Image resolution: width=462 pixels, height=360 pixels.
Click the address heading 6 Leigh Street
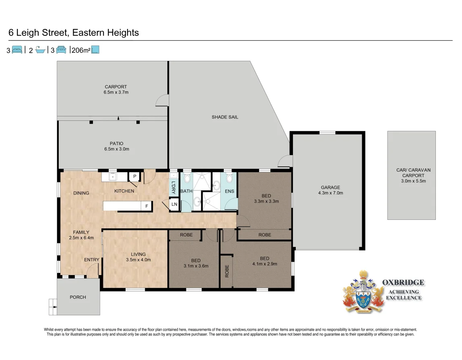(74, 33)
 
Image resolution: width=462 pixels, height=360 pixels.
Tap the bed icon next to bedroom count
(17, 50)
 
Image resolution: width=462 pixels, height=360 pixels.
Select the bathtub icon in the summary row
(40, 50)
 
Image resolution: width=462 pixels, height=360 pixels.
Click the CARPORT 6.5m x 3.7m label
(116, 89)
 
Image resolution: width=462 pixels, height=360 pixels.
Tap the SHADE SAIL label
(225, 117)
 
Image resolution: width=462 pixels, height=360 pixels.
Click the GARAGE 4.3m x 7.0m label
(330, 190)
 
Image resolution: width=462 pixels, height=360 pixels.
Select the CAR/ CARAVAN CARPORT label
(411, 176)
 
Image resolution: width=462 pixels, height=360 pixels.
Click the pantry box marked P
(134, 177)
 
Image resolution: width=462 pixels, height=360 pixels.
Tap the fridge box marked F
(146, 206)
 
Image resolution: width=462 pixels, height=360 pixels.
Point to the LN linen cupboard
(174, 205)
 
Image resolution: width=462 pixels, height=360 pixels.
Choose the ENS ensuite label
(229, 191)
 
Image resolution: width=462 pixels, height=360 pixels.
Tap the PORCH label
(78, 297)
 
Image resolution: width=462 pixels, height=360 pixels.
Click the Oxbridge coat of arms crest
(363, 292)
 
